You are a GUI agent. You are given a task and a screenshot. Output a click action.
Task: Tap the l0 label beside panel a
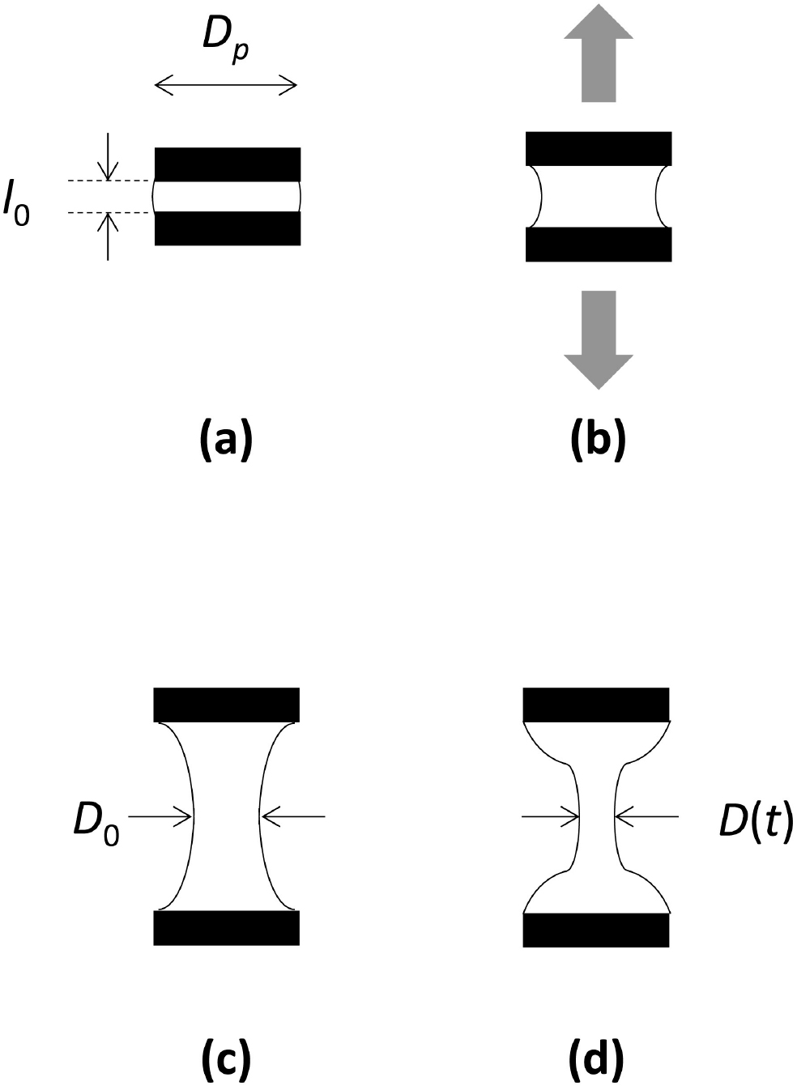[x=16, y=202]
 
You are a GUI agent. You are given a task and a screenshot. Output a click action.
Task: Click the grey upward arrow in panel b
[x=599, y=53]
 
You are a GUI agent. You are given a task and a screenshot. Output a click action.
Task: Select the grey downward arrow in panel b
[x=599, y=340]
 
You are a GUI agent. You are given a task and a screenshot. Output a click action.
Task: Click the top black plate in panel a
[x=228, y=164]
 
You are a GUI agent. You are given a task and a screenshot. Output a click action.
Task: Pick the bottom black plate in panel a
[x=228, y=228]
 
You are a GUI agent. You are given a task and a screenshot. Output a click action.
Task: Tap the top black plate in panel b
[x=599, y=148]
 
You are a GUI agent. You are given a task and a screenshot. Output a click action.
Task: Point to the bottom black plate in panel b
[x=599, y=245]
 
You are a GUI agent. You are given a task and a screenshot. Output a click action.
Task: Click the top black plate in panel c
[x=227, y=705]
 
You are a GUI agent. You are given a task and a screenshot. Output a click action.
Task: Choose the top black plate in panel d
[x=596, y=705]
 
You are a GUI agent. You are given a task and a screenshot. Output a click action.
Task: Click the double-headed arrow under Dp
[x=226, y=86]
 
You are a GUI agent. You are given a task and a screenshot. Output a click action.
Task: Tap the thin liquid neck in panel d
[x=597, y=817]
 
